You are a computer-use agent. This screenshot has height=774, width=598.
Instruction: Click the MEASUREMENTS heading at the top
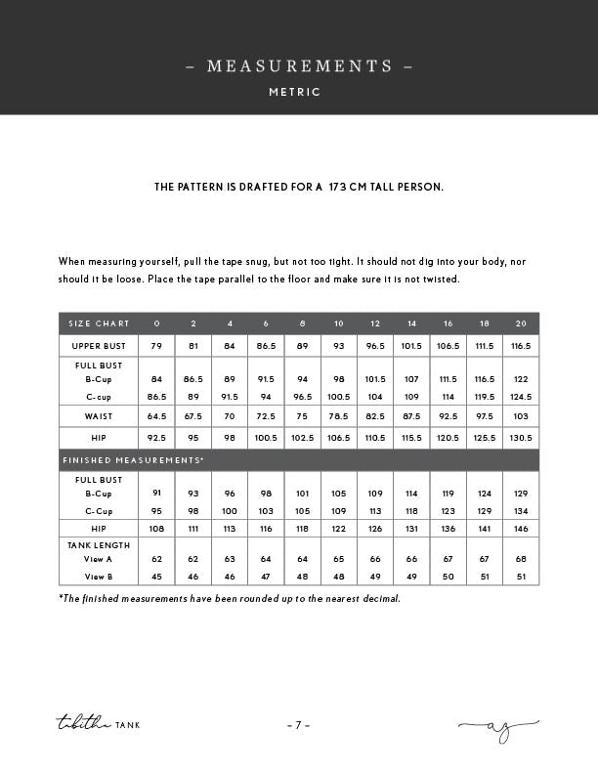pos(299,66)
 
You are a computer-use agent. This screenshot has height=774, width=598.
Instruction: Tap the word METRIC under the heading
pos(295,92)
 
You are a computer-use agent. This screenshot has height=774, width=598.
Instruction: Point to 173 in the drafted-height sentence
pos(340,186)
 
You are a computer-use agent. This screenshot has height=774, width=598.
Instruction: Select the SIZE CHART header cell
pos(99,323)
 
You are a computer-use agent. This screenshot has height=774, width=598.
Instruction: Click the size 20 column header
pos(521,323)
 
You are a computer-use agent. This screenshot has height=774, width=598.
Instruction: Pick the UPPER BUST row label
pos(99,346)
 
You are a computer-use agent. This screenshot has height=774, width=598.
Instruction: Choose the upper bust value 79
pos(156,346)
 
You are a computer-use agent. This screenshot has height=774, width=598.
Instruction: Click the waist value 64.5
pos(156,416)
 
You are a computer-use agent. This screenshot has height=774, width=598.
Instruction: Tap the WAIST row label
pos(99,416)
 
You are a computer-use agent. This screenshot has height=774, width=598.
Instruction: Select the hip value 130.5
pos(521,438)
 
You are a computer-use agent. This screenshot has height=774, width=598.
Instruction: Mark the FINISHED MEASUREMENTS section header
pos(133,459)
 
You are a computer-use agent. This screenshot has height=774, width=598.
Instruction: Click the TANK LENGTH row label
pos(99,544)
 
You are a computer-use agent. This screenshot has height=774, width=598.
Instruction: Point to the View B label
pos(99,577)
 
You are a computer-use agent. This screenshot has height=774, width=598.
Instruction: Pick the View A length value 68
pos(521,560)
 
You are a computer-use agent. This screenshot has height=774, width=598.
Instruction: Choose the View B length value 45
pos(156,577)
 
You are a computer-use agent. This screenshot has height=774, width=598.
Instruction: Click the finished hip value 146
pos(521,528)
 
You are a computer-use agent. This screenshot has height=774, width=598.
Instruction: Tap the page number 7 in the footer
pos(299,725)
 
